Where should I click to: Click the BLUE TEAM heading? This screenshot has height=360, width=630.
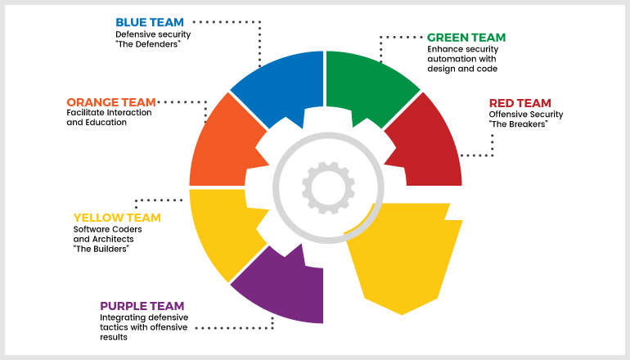tap(150, 23)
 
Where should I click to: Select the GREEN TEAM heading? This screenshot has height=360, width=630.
tap(466, 38)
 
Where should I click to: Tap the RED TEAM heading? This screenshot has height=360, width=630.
tap(520, 103)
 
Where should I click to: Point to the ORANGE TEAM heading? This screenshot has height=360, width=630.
tap(111, 102)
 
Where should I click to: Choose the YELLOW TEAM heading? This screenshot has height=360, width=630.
tap(117, 218)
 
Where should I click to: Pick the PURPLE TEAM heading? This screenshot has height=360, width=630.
tap(142, 306)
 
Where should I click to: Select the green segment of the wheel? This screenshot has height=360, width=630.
tap(370, 87)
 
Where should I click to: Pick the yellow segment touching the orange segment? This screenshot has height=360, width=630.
tap(225, 229)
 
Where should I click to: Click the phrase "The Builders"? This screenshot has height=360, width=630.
tap(102, 249)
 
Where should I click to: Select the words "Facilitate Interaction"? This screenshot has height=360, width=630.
tap(110, 113)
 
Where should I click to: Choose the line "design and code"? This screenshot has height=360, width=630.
tap(462, 69)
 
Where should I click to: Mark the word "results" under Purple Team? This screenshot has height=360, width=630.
tap(114, 337)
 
